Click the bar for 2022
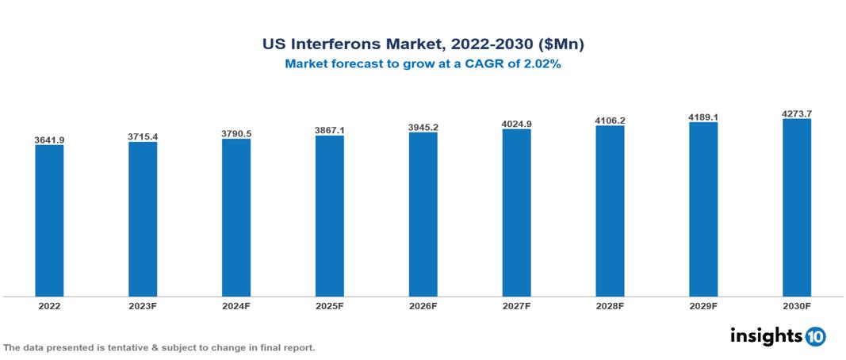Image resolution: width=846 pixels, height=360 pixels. pos(49,220)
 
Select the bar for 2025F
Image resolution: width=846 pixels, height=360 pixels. pos(329,216)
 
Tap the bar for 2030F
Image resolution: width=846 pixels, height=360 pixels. pos(796,208)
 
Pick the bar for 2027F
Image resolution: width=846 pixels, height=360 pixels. pos(516,213)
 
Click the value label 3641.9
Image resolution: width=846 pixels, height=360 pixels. pos(49,140)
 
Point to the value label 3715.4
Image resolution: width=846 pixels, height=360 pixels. pos(143,136)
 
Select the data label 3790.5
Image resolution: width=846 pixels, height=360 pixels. pos(236,133)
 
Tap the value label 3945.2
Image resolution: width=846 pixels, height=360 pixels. pos(423,127)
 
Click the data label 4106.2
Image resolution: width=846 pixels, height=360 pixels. pos(610,121)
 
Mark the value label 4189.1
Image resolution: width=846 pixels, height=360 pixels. pos(703,117)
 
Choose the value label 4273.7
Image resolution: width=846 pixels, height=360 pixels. pos(796,113)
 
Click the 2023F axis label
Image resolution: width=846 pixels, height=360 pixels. pos(143,306)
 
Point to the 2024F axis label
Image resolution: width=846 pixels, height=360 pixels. pos(236,306)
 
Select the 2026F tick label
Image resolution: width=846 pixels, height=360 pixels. pos(423,306)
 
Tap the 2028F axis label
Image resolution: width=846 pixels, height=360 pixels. pos(610,306)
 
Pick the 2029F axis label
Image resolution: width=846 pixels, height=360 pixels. pos(703,306)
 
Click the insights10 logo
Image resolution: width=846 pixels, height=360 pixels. pos(778,336)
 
